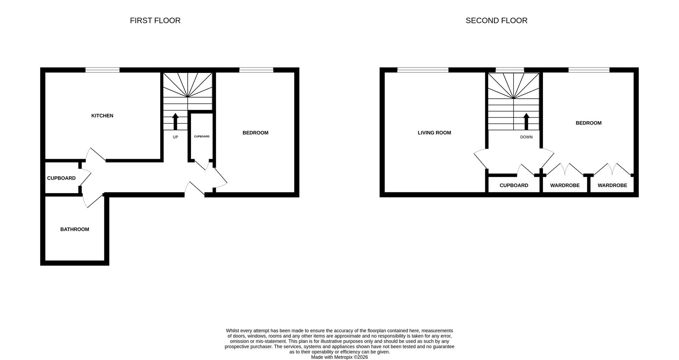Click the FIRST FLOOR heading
click(155, 21)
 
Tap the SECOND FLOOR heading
click(496, 21)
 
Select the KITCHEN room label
click(102, 116)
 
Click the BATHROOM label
click(75, 229)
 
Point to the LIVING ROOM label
click(434, 133)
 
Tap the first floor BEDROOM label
click(255, 133)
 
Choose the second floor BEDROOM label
click(588, 123)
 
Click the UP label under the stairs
click(175, 137)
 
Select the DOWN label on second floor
click(526, 137)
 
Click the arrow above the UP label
click(175, 121)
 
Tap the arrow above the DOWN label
click(526, 121)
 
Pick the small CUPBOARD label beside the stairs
click(202, 137)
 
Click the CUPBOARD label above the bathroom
click(61, 178)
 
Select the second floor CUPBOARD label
click(514, 185)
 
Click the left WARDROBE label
click(565, 185)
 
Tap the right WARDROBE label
click(612, 185)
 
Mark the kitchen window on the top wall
click(102, 70)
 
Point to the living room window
click(423, 70)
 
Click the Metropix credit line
click(339, 357)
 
